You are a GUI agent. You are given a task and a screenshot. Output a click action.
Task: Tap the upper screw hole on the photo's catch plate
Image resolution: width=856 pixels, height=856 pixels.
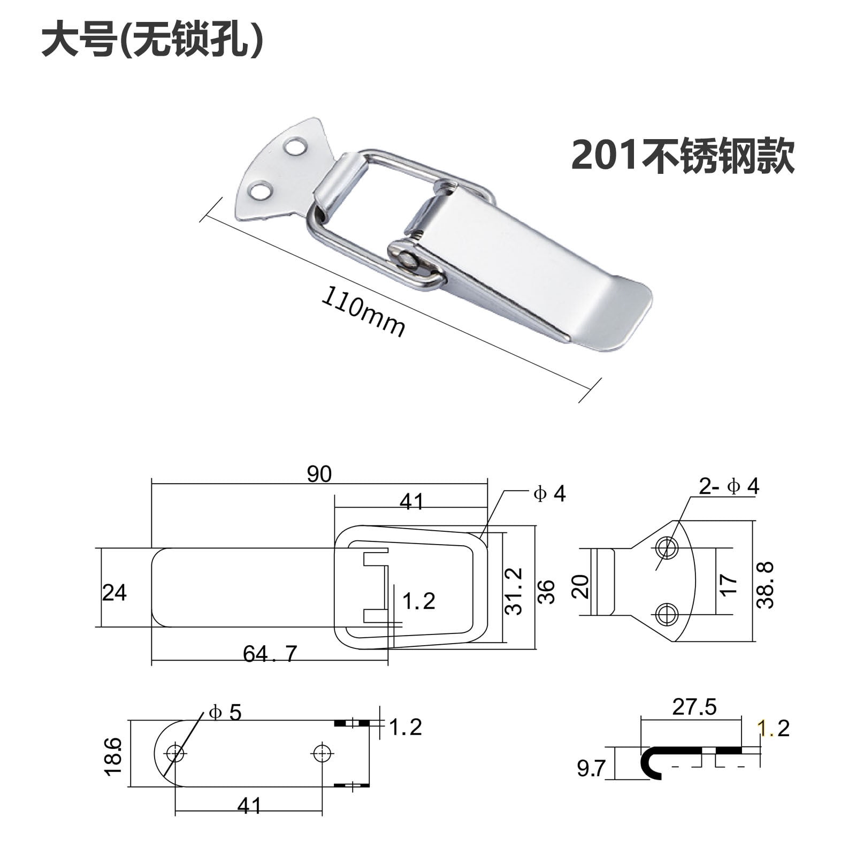point(295,146)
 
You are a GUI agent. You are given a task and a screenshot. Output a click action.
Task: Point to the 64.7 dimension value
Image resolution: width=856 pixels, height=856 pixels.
point(270,654)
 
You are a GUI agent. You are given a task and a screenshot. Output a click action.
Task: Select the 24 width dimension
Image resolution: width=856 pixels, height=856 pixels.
point(114,593)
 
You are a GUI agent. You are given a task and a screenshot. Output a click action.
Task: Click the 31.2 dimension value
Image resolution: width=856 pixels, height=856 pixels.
point(514,591)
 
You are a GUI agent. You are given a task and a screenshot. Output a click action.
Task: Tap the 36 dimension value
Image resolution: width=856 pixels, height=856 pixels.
point(546,591)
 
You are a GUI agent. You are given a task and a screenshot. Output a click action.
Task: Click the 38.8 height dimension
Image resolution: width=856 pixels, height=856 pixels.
point(766,585)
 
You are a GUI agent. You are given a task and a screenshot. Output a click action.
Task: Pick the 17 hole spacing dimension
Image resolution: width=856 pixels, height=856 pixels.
point(729,584)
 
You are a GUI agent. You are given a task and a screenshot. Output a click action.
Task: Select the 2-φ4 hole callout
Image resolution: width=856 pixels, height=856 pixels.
point(729,486)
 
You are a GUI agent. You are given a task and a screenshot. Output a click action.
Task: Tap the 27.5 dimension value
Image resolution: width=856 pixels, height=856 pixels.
point(694,707)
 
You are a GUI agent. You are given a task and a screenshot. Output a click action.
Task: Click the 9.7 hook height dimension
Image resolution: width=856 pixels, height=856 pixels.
point(591,769)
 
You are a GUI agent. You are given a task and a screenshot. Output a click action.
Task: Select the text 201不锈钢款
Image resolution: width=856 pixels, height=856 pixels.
point(683,156)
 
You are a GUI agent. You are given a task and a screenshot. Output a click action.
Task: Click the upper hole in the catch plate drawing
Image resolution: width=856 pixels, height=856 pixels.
point(667,547)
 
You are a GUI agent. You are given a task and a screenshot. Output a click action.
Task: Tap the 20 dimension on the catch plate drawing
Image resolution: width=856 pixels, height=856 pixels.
point(582,586)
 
